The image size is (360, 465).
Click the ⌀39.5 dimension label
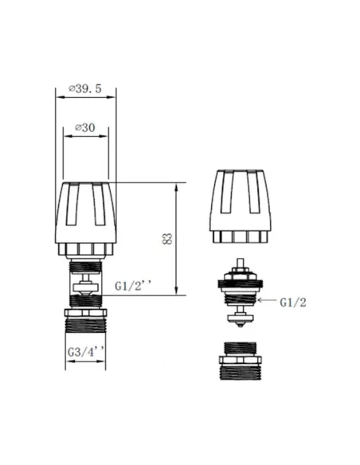(x=85, y=89)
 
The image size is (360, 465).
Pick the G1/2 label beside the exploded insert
(x=294, y=302)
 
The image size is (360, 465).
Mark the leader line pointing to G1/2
(x=269, y=301)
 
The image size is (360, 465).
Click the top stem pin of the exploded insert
(x=240, y=264)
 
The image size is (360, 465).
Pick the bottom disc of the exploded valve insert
(x=240, y=320)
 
